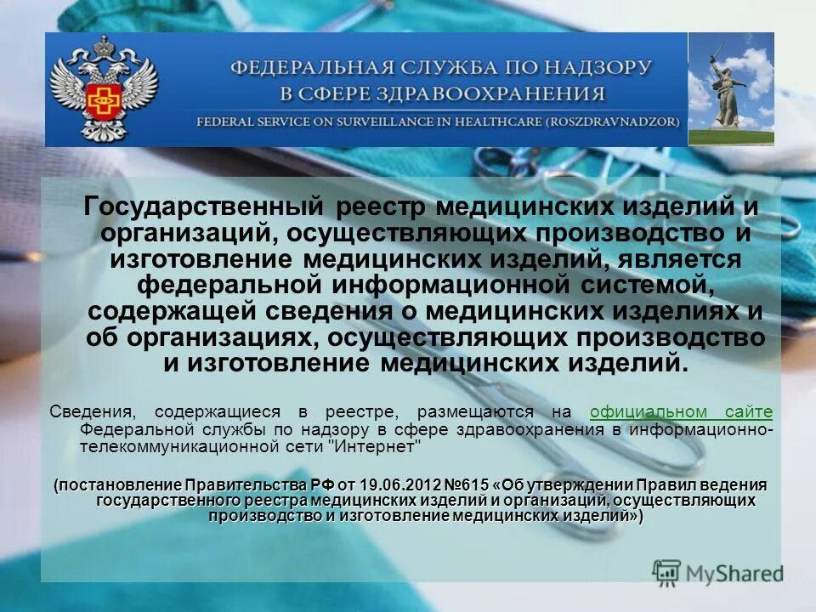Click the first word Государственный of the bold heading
point(203,207)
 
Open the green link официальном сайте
point(681,412)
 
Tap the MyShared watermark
point(718,573)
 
